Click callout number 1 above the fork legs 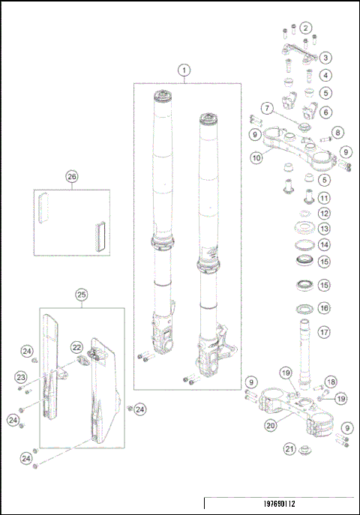tap(183, 70)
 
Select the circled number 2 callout tap(305, 28)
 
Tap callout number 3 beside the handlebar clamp tap(325, 58)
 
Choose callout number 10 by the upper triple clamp tap(256, 157)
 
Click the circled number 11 tap(324, 198)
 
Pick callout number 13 tap(324, 229)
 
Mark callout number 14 tap(324, 244)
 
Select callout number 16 tap(324, 307)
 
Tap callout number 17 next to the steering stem tap(324, 332)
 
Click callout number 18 tap(331, 382)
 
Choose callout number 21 tap(289, 449)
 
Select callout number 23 tap(22, 377)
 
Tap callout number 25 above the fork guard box tap(81, 295)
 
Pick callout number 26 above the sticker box tap(72, 177)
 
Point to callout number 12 tap(324, 214)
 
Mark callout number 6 tap(325, 112)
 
